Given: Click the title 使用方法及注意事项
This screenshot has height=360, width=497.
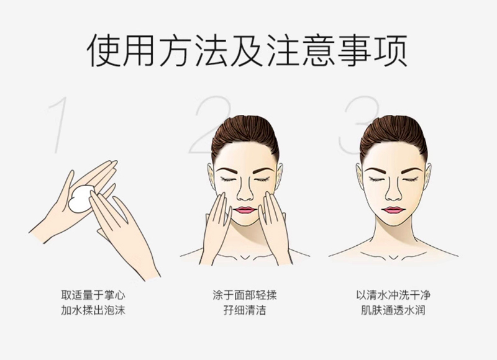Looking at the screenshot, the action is pos(247,51).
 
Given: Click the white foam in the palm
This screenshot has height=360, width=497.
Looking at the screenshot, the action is pos(81,199).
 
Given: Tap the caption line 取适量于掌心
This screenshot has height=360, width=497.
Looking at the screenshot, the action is pos(93,295).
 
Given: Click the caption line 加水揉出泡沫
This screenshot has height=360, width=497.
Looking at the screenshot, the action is pos(93,310).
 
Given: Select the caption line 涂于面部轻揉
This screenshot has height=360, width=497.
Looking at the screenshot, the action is pos(245,295).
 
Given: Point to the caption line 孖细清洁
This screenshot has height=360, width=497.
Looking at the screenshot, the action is pos(245,310).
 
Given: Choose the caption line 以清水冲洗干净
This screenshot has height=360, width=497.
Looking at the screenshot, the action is pos(393,295).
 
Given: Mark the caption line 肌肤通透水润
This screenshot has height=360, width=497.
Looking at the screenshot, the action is pos(393,310).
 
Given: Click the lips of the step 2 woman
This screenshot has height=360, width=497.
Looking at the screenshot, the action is pos(245,210).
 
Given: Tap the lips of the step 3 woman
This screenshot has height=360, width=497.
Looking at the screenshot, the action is pos(393,210).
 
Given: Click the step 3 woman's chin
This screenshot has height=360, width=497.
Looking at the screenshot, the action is pos(393,222).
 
